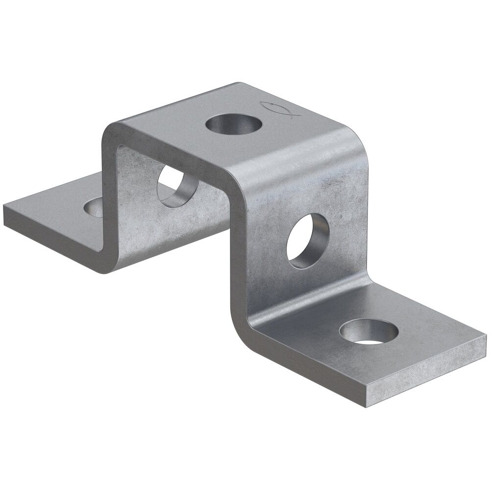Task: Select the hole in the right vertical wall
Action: click(x=308, y=241)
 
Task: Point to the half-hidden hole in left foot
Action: click(x=94, y=207)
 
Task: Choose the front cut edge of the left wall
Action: click(x=108, y=196)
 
